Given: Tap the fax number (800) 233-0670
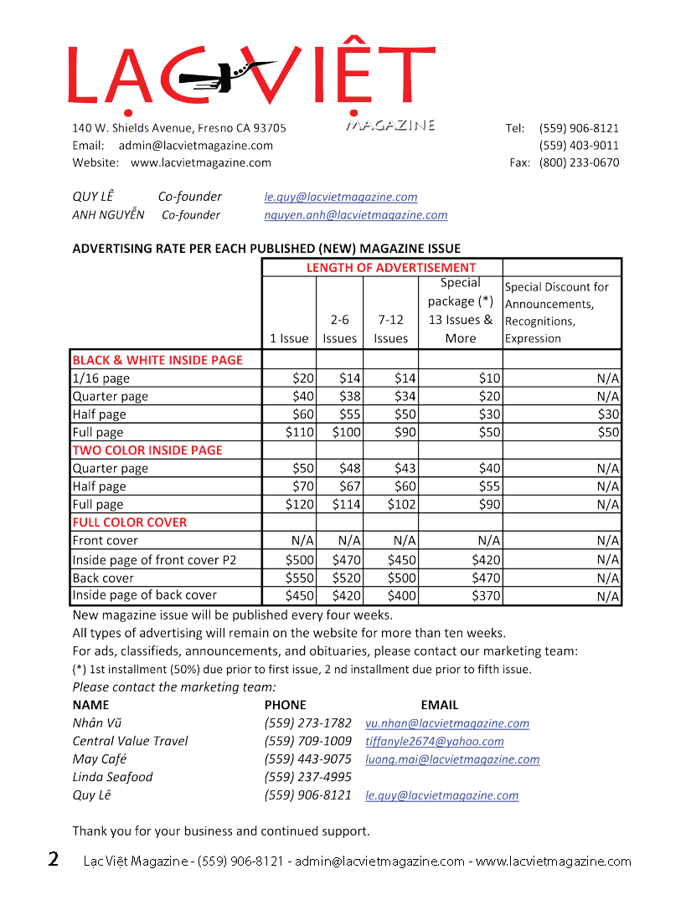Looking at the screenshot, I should pyautogui.click(x=579, y=162).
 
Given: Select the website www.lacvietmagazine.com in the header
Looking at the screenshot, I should pyautogui.click(x=201, y=162).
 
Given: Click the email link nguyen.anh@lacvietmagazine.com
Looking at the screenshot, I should pyautogui.click(x=356, y=215).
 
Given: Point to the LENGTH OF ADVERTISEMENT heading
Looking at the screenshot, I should pyautogui.click(x=391, y=268).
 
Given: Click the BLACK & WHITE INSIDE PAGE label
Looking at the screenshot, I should pyautogui.click(x=157, y=360).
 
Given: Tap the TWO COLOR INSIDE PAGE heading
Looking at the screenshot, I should pyautogui.click(x=147, y=450).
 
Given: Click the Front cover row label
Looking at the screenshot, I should pyautogui.click(x=106, y=541).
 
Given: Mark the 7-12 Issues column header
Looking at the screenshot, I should pyautogui.click(x=391, y=329).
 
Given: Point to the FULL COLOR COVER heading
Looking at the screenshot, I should pyautogui.click(x=130, y=522).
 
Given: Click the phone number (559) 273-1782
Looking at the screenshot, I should pyautogui.click(x=308, y=723).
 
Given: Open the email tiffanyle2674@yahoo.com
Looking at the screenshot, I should pyautogui.click(x=435, y=742).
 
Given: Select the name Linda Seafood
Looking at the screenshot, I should pyautogui.click(x=113, y=778).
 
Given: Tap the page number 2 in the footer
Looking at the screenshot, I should pyautogui.click(x=54, y=860).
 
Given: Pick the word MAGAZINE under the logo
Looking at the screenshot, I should pyautogui.click(x=390, y=126).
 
